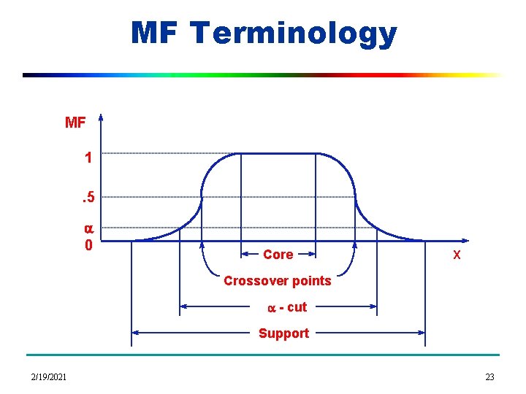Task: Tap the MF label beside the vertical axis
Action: [75, 123]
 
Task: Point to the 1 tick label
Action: [88, 158]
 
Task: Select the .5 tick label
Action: [87, 196]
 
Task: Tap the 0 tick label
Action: [88, 244]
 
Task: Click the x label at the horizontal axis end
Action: [457, 255]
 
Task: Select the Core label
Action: [278, 255]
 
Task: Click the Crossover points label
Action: [277, 281]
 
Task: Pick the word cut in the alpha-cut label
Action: [297, 307]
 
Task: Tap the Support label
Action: [283, 333]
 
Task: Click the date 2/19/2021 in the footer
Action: [49, 376]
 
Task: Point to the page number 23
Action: [489, 376]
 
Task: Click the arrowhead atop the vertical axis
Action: [101, 117]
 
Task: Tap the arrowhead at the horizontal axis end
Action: [467, 240]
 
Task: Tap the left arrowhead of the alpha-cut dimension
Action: [183, 307]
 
